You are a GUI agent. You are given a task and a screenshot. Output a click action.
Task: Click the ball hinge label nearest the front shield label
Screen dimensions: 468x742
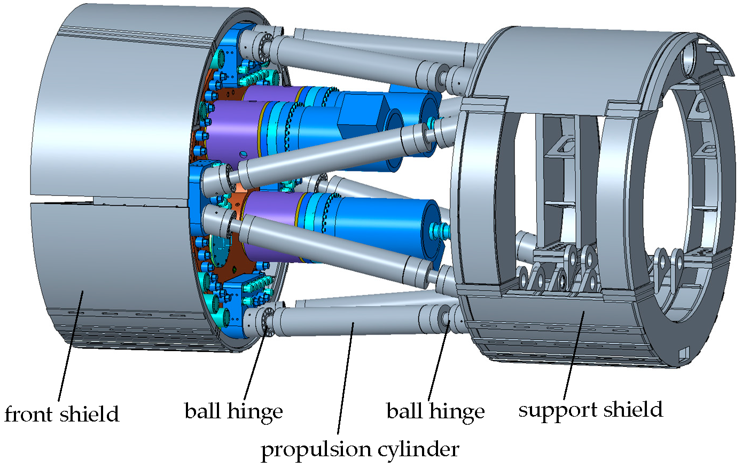(x=233, y=411)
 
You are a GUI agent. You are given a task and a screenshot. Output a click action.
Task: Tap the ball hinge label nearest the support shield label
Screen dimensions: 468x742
(x=435, y=411)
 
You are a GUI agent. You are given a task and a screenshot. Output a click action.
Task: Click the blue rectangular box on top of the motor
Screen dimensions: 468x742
(x=364, y=115)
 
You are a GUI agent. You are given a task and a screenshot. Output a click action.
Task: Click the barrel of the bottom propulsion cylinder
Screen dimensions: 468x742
(x=347, y=322)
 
